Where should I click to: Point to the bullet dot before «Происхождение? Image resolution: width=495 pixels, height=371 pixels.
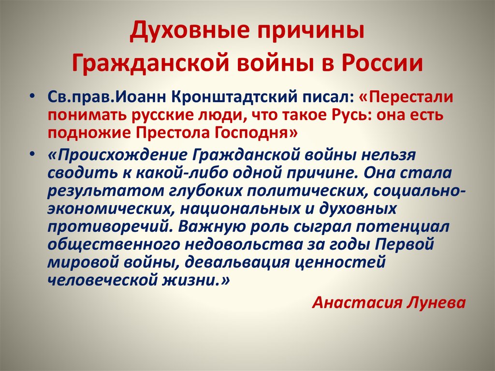pos(33,154)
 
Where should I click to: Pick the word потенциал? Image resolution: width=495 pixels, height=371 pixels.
pos(400,227)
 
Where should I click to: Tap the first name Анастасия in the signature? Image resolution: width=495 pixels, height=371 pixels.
pos(357,303)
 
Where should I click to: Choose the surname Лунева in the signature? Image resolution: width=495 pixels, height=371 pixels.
pos(437,303)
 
